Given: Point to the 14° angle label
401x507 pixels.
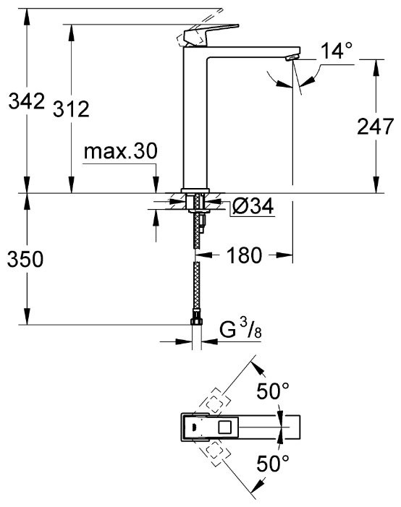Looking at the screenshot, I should point(337,51).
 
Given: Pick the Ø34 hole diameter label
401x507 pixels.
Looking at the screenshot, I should point(252,208).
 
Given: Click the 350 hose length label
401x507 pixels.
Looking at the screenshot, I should point(24,259).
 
